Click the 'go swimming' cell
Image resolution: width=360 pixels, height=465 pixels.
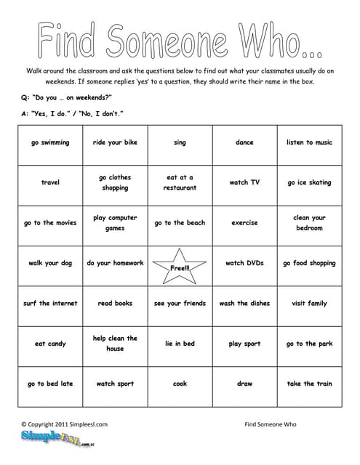[50, 142]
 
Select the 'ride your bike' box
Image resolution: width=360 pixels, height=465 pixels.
[115, 142]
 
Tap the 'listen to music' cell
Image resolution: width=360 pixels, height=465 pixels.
[309, 142]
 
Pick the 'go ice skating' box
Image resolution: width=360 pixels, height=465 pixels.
[309, 182]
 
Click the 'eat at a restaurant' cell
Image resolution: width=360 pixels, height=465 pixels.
[180, 182]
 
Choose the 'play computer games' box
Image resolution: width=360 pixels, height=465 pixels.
[115, 223]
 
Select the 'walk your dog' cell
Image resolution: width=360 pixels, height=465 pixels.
[50, 263]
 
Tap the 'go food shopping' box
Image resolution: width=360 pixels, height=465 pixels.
[309, 263]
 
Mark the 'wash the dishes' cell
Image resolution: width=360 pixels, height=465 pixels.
[244, 303]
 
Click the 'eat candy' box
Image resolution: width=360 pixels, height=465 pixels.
[50, 344]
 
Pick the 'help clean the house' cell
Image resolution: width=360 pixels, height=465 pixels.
[115, 344]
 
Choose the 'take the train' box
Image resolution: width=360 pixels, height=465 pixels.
[309, 384]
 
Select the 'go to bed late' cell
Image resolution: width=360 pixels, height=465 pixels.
[50, 384]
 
